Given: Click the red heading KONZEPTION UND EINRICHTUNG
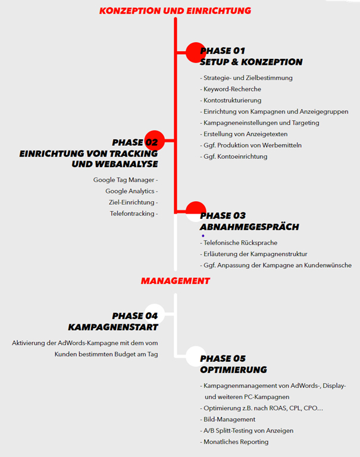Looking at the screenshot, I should [175, 11].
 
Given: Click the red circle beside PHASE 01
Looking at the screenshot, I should [195, 52].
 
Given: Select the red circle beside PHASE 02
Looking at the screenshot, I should [155, 140].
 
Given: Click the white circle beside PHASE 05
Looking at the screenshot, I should [195, 356].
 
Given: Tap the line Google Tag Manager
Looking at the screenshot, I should [125, 180].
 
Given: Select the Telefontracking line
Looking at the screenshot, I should [133, 214].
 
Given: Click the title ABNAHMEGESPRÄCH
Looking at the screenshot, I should [249, 227].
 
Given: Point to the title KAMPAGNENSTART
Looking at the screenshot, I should [113, 327].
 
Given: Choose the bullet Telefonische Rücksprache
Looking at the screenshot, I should [240, 243].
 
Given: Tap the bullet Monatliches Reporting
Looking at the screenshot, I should [236, 442].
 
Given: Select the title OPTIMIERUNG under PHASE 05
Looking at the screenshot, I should [233, 370].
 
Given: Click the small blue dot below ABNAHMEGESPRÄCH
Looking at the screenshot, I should [204, 236].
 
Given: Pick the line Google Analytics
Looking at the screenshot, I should [131, 191].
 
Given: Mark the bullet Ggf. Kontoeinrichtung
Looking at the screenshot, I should [235, 156].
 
